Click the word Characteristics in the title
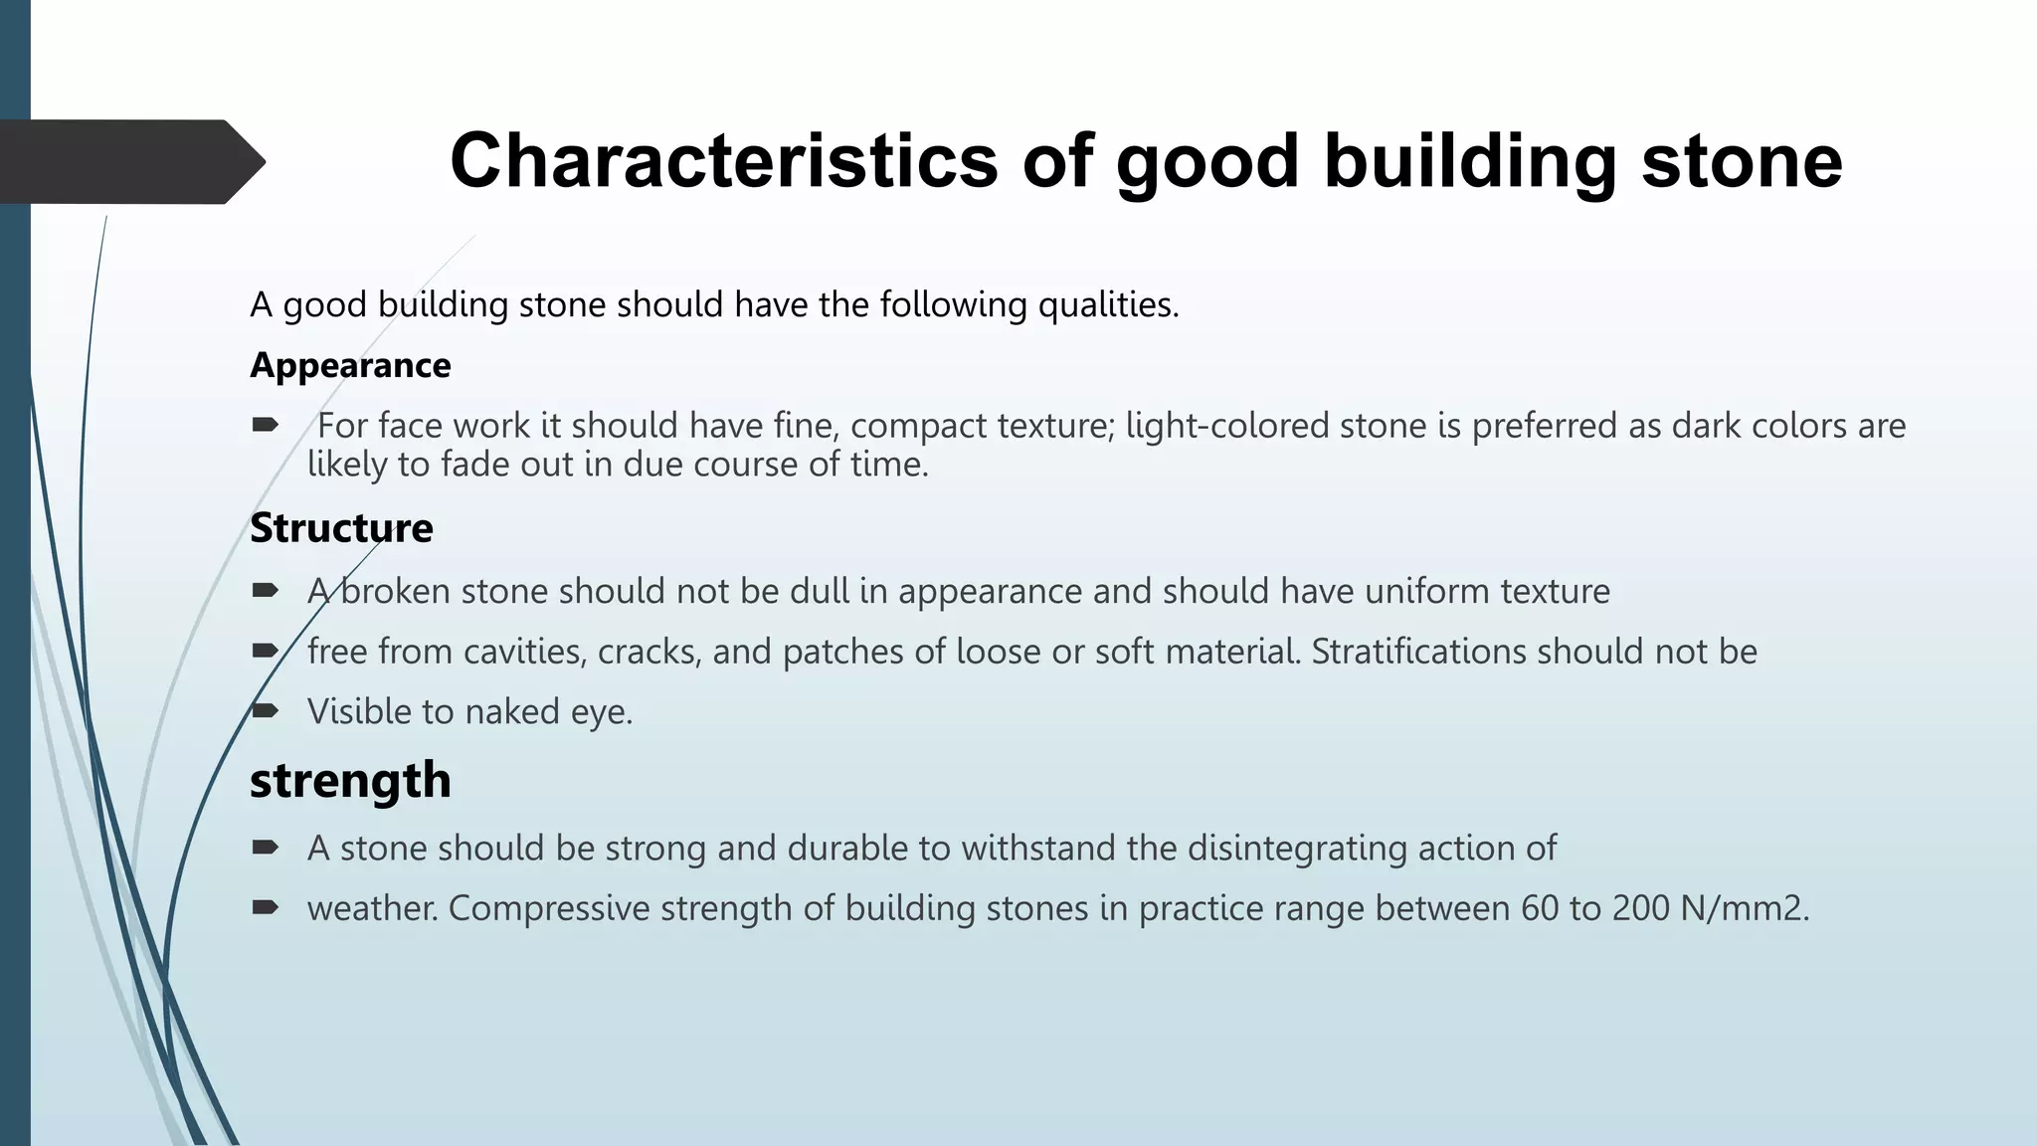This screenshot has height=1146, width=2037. click(x=723, y=161)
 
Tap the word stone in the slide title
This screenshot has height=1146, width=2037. click(x=1742, y=161)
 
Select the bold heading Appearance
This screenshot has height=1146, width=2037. click(x=350, y=366)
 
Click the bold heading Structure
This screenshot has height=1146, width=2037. click(x=341, y=528)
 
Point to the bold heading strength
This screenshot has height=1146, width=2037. click(x=350, y=780)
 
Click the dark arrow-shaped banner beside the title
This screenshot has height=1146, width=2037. click(x=129, y=161)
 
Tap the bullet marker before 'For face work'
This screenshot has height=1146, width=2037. click(x=265, y=426)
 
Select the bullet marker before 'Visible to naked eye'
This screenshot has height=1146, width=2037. click(x=265, y=711)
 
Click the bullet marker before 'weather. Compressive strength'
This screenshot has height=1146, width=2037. click(x=265, y=907)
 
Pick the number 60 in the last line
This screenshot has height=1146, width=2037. click(x=1540, y=908)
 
